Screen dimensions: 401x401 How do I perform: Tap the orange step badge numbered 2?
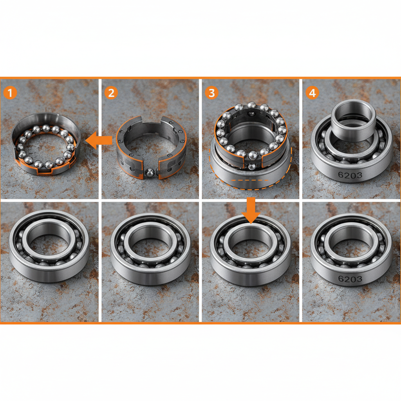coord(111,93)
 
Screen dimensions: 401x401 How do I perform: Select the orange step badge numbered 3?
coord(211,93)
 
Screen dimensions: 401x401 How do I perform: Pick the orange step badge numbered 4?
coord(312,93)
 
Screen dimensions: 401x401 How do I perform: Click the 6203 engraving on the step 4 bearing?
coord(349,175)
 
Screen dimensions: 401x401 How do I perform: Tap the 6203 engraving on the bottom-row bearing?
coord(349,279)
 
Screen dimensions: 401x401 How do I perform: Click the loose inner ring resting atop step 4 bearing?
coord(354,117)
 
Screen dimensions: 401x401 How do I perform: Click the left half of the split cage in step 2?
coord(129,151)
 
